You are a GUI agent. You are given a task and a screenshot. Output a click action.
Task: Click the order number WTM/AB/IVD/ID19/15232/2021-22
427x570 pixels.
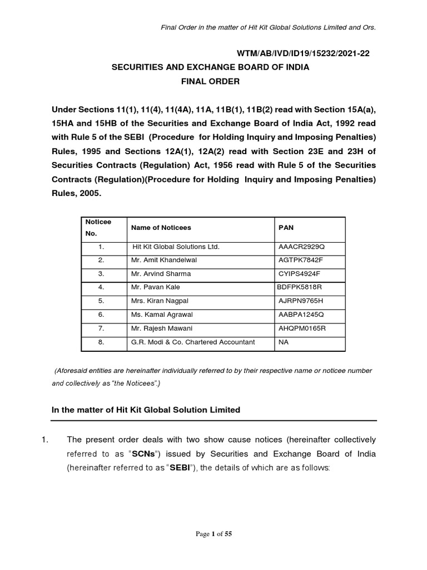(x=303, y=54)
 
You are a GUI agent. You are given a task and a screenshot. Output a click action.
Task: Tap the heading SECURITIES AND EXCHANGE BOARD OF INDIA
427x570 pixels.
(x=210, y=67)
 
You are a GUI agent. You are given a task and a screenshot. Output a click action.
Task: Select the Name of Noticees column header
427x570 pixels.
(x=161, y=228)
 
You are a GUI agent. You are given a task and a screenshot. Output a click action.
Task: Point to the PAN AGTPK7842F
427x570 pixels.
(x=300, y=260)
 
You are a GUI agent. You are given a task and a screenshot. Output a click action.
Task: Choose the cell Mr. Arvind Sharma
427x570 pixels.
(x=160, y=274)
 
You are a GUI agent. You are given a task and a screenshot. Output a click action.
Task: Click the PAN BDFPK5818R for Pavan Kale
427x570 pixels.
(x=301, y=287)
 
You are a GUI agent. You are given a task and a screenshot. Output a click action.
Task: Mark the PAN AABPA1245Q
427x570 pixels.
(x=301, y=315)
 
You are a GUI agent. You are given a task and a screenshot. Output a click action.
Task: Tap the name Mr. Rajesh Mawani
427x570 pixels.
(x=161, y=328)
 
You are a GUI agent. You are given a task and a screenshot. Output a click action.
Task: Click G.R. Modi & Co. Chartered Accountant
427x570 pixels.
(x=192, y=342)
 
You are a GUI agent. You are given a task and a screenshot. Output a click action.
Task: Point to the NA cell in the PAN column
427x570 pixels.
(x=283, y=342)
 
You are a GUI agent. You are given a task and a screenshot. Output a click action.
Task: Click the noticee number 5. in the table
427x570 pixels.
(x=101, y=301)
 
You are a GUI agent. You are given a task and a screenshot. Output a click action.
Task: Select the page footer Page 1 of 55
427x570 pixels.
(x=213, y=534)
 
